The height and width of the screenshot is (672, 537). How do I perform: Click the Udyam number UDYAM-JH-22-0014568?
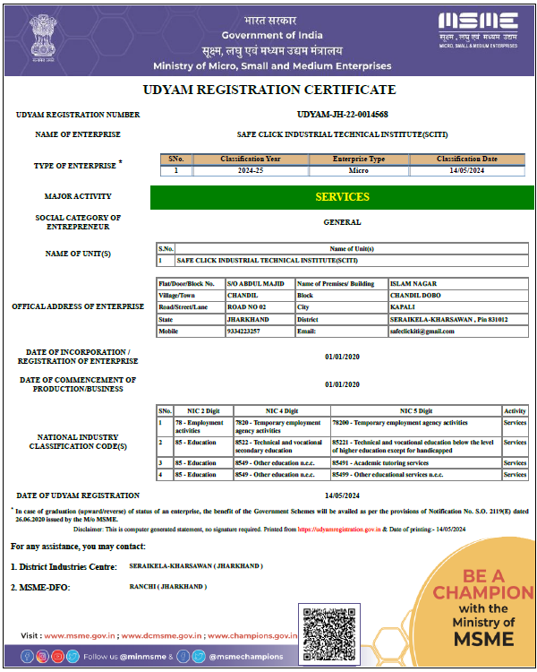[x=342, y=115]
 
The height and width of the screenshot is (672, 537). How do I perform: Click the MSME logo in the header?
[x=478, y=28]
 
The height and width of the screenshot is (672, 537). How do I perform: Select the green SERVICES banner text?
[x=342, y=196]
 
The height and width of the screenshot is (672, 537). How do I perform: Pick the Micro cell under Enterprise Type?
[x=358, y=169]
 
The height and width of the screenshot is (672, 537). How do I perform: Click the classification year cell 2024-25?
[x=251, y=169]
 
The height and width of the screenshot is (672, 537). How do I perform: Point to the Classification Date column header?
[x=467, y=159]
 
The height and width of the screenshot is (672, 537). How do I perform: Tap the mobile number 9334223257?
[x=243, y=331]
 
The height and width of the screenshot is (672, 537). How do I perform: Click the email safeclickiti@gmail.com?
[x=422, y=331]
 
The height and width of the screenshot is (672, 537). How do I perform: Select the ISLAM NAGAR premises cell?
[x=407, y=283]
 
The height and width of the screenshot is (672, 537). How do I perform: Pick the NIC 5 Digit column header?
[x=415, y=410]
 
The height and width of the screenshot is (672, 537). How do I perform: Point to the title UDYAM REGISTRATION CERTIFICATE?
[x=268, y=90]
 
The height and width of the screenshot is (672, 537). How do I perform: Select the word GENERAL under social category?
[x=342, y=222]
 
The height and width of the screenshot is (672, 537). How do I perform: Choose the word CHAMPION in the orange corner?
[x=483, y=592]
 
